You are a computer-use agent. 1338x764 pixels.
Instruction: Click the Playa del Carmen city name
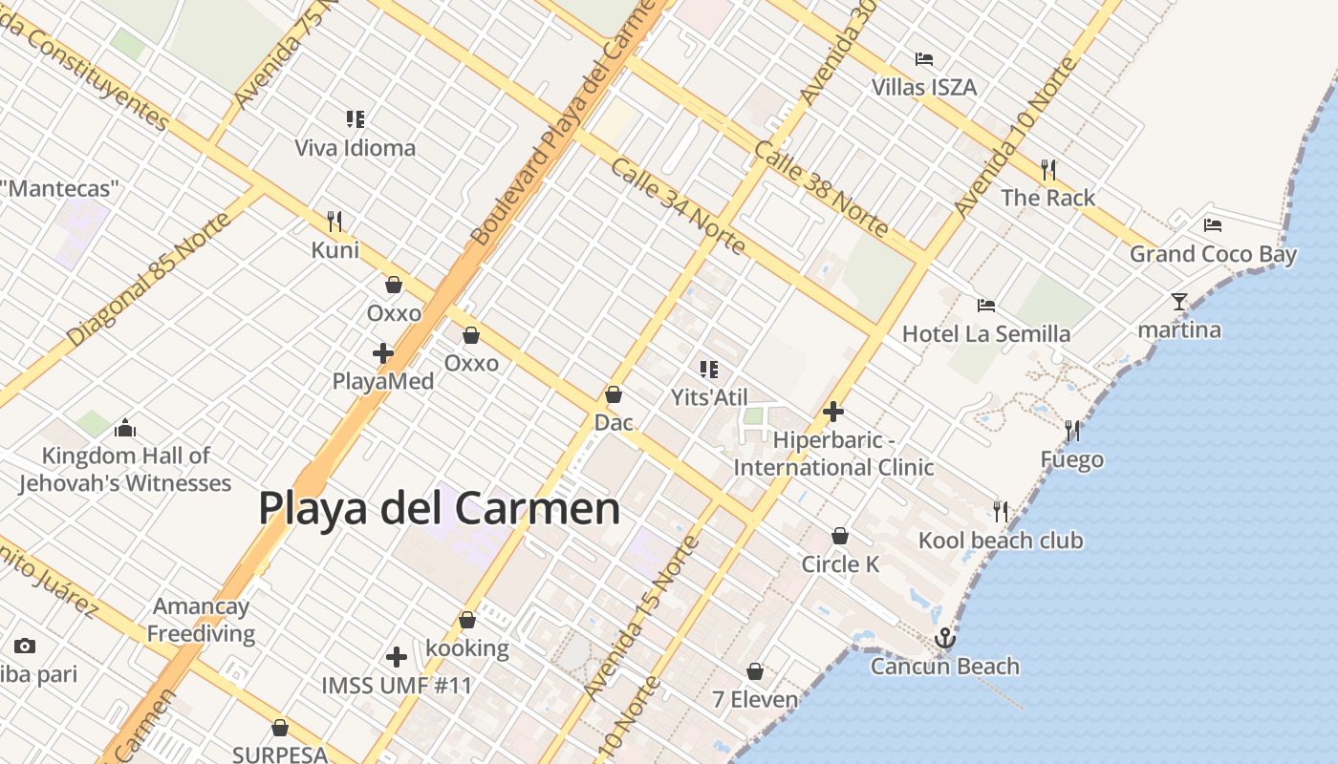pyautogui.click(x=440, y=508)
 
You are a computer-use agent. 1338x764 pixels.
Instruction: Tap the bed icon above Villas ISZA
pyautogui.click(x=923, y=59)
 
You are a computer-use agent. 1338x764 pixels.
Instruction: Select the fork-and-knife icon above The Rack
pyautogui.click(x=1048, y=170)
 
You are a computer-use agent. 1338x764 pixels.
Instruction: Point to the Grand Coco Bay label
pyautogui.click(x=1213, y=254)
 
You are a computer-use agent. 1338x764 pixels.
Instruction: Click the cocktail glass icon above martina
pyautogui.click(x=1179, y=302)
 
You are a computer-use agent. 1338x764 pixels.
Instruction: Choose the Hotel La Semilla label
pyautogui.click(x=986, y=334)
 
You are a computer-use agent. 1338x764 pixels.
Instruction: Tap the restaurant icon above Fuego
pyautogui.click(x=1072, y=431)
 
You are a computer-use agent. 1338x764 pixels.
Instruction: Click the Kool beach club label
pyautogui.click(x=1001, y=541)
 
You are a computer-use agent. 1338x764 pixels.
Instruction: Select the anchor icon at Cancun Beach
pyautogui.click(x=945, y=638)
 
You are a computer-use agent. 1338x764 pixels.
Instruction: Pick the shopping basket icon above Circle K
pyautogui.click(x=840, y=536)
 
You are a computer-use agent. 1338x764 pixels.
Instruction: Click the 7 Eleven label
pyautogui.click(x=755, y=700)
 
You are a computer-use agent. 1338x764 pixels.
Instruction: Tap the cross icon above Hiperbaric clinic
pyautogui.click(x=833, y=412)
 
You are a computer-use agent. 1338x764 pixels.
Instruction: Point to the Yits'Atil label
pyautogui.click(x=709, y=397)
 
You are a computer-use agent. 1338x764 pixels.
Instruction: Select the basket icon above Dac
pyautogui.click(x=614, y=394)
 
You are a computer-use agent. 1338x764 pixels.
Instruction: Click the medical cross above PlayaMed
pyautogui.click(x=383, y=353)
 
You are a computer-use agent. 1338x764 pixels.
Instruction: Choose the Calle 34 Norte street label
pyautogui.click(x=678, y=206)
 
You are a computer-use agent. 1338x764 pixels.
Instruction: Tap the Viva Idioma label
pyautogui.click(x=355, y=148)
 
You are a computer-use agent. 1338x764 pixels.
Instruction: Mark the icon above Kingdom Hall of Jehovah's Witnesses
pyautogui.click(x=125, y=428)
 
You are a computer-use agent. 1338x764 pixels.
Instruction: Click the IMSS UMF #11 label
pyautogui.click(x=397, y=686)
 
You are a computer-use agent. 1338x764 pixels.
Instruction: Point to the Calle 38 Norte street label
pyautogui.click(x=821, y=188)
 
